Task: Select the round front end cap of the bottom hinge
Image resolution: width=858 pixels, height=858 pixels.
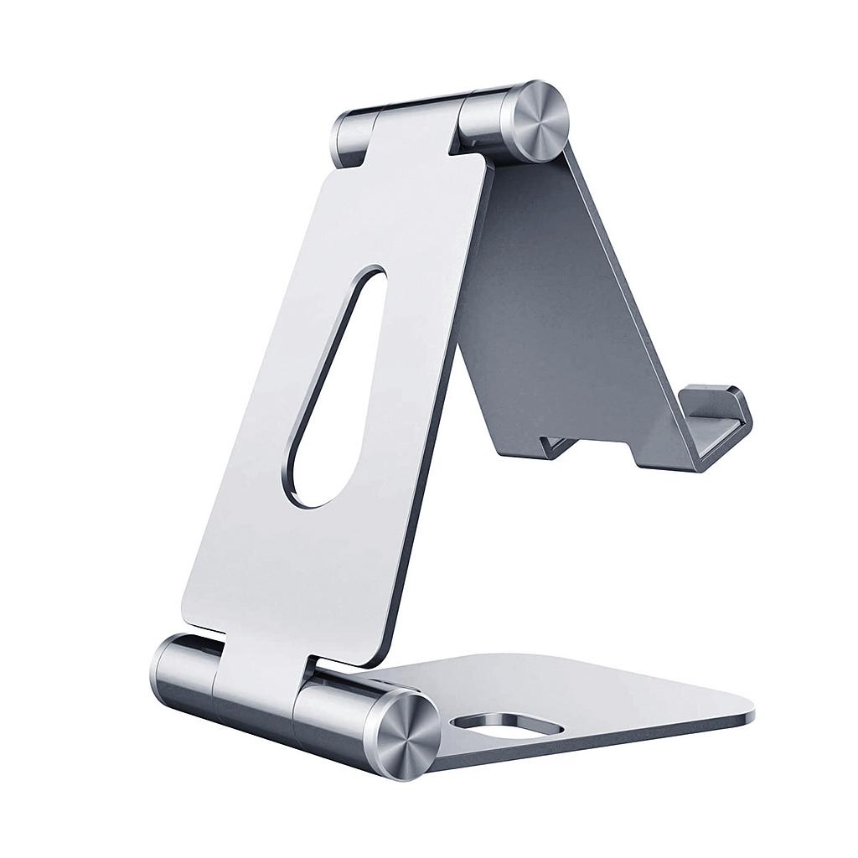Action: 406,736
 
